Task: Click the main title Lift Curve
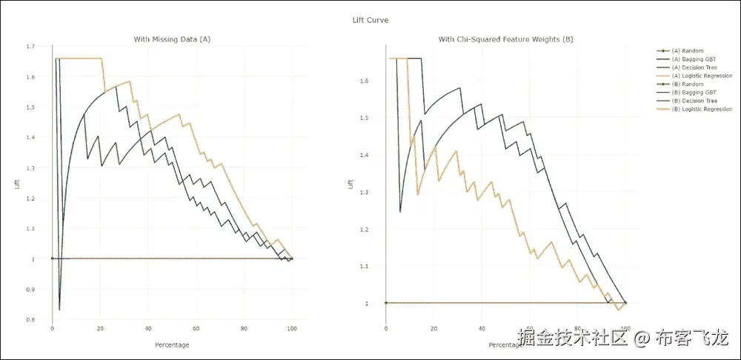point(370,20)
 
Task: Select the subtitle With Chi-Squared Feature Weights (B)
point(505,39)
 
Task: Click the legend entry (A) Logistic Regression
point(701,76)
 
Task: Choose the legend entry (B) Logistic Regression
point(701,109)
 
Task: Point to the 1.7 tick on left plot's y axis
point(30,47)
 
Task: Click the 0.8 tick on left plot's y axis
point(30,319)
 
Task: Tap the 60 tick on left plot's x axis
point(196,328)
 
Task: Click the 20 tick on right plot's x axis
point(433,328)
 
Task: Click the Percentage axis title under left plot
point(172,344)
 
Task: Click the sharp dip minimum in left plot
point(59,309)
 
